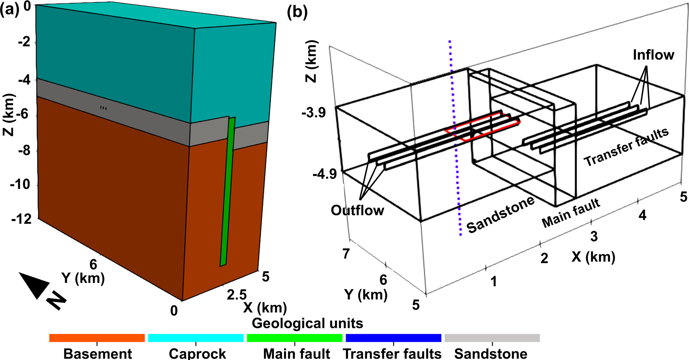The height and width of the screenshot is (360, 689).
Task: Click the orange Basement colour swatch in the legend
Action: click(97, 338)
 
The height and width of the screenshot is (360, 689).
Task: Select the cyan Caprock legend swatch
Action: click(196, 338)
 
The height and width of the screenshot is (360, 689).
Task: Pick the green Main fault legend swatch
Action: click(294, 338)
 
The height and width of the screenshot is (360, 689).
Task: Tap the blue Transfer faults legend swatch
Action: click(393, 338)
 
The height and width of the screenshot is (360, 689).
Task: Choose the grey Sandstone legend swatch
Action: click(492, 338)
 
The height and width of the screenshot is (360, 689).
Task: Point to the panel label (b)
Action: click(297, 12)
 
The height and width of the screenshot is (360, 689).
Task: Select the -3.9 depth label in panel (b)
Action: click(313, 113)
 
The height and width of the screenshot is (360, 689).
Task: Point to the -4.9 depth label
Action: click(324, 174)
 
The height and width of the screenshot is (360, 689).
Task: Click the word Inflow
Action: click(653, 55)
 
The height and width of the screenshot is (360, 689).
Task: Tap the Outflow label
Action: click(357, 210)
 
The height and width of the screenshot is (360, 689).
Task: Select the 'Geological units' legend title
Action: click(307, 323)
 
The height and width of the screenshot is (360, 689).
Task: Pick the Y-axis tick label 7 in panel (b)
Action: click(346, 254)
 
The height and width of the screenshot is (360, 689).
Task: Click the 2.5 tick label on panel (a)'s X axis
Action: click(237, 295)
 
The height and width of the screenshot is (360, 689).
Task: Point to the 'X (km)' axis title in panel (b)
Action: click(593, 257)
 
